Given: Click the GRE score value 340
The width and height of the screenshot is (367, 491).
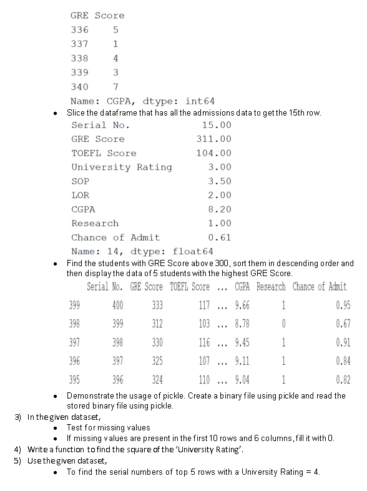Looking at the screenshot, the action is (79, 87).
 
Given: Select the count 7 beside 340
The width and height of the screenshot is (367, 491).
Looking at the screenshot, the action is (115, 87).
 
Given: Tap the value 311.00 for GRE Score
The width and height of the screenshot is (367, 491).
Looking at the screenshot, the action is (213, 139).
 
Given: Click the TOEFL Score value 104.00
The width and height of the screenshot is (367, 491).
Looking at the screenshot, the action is (213, 153).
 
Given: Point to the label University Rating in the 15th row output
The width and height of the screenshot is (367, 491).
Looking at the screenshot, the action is (121, 167).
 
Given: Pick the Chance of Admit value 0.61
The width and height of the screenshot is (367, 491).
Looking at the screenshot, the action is (219, 237).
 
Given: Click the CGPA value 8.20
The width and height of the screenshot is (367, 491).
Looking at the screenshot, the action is (219, 209).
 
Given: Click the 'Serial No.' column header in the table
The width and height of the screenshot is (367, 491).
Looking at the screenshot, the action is (104, 287).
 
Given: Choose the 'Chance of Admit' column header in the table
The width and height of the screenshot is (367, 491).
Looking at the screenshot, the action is (320, 287).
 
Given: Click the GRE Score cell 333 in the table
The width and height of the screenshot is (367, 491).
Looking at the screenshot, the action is (157, 305).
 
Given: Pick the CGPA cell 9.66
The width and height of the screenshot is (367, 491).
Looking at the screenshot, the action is (242, 305).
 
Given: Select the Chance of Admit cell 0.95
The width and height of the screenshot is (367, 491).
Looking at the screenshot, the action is (343, 305).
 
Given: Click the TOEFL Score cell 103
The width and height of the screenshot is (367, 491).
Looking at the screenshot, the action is (203, 324).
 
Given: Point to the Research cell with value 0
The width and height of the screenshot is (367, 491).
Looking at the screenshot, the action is (283, 324).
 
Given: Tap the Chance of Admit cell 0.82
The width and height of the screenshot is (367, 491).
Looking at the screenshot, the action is (343, 379).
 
